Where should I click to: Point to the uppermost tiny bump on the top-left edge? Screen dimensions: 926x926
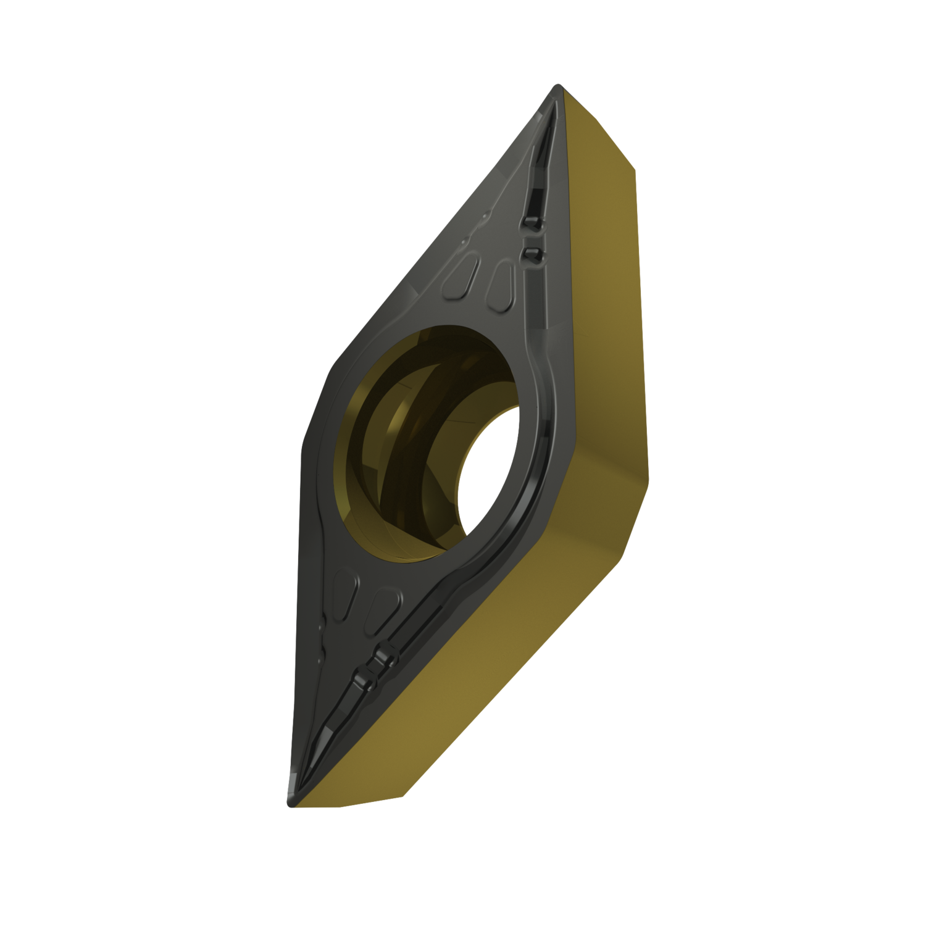coord(485,214)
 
